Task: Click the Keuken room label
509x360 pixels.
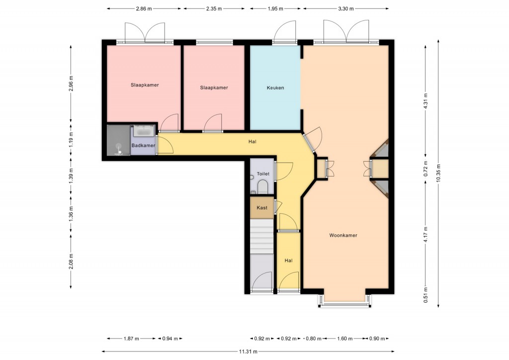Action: pos(275,88)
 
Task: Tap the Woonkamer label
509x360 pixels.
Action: pos(343,235)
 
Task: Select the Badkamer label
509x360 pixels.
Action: pos(143,145)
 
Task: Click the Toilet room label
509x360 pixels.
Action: pos(263,174)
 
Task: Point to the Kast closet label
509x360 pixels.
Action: pos(262,208)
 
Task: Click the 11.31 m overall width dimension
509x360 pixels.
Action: pos(248,351)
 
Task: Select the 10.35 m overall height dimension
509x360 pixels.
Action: pos(438,173)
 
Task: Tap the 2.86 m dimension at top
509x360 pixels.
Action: pos(144,9)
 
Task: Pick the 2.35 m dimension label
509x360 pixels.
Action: pos(214,9)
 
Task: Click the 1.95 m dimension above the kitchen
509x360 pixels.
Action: pos(275,9)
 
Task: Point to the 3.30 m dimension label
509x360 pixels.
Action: pos(346,9)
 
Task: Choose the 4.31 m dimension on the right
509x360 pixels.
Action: pos(425,102)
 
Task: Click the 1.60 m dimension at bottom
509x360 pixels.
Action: pos(345,339)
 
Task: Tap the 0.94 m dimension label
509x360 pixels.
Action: pos(170,339)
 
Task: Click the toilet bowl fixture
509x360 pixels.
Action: pos(262,187)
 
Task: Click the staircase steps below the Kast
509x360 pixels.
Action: pos(261,236)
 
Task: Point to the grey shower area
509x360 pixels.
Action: pos(118,140)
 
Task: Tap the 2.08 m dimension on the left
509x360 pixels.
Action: pos(71,262)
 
